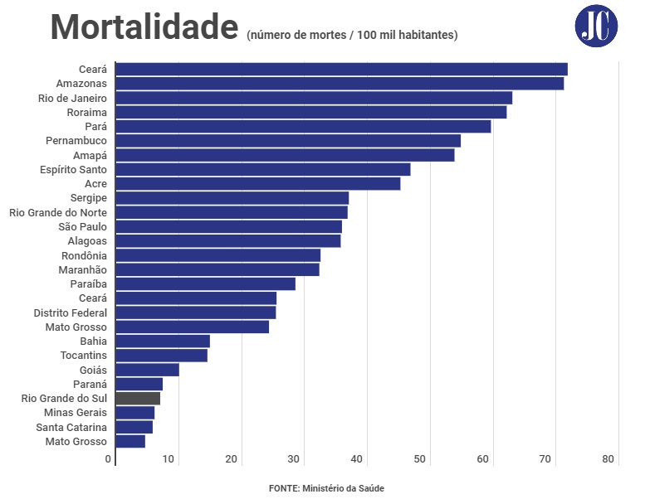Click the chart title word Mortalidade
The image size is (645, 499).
(x=144, y=28)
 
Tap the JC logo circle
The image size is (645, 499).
(x=596, y=26)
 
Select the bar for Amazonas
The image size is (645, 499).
(x=340, y=84)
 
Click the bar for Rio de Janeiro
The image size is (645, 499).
(x=314, y=98)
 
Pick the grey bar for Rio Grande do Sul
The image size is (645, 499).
(x=138, y=399)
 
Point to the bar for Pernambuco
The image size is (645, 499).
(x=288, y=141)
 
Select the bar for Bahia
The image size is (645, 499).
(x=163, y=342)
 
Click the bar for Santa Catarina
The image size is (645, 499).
(x=134, y=427)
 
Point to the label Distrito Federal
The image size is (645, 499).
(x=71, y=312)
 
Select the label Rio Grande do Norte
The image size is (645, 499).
(x=58, y=212)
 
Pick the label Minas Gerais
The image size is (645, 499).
(x=76, y=413)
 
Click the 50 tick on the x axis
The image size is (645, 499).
(x=419, y=459)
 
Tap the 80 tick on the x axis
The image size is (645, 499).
(x=608, y=459)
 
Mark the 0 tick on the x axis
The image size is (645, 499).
(x=108, y=459)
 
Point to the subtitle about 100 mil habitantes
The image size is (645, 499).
(x=352, y=35)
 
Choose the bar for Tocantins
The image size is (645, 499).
(x=162, y=356)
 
